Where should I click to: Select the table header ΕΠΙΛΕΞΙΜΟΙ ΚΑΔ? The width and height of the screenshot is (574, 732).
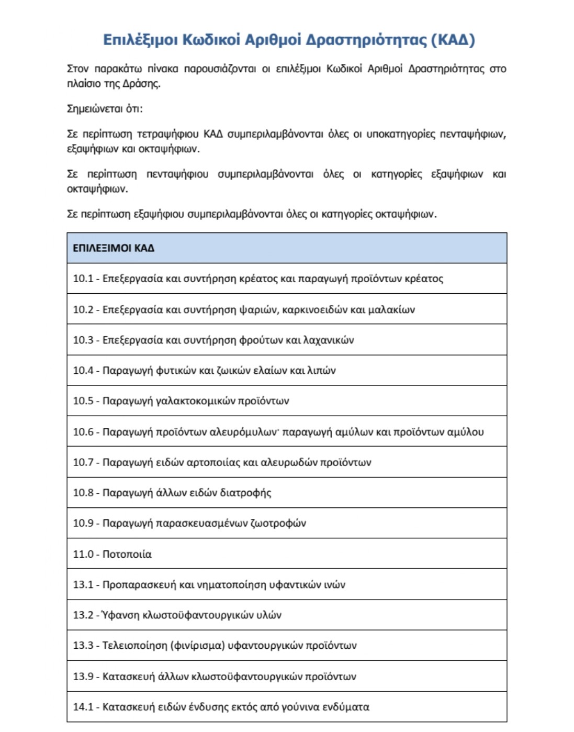(114, 248)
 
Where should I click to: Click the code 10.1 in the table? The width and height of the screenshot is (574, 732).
(83, 279)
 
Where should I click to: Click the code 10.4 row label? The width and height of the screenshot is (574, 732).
(83, 370)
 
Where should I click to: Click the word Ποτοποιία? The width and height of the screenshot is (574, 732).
(127, 554)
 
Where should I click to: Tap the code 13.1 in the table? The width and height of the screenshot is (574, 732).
(83, 584)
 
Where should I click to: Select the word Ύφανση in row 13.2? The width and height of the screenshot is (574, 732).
(121, 615)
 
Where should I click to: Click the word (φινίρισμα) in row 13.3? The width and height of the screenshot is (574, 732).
(198, 646)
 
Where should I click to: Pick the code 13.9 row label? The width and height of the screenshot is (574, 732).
(83, 676)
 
